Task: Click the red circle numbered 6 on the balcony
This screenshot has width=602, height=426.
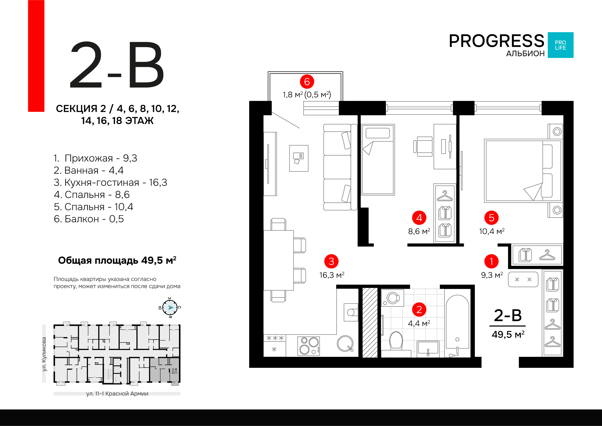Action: click(x=307, y=82)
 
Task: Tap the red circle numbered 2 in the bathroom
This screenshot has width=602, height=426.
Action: click(x=419, y=309)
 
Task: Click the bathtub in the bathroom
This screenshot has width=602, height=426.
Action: click(x=457, y=325)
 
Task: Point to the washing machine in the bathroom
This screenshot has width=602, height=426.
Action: click(x=392, y=298)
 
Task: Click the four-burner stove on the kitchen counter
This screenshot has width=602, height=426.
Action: click(x=309, y=346)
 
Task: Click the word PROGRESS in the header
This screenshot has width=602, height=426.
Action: click(x=496, y=41)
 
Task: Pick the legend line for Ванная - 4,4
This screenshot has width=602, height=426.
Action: click(x=88, y=170)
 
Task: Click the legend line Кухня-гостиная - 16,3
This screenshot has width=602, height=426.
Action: click(x=110, y=182)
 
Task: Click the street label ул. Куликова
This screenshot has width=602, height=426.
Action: click(x=44, y=354)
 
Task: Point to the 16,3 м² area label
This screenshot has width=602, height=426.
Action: click(x=331, y=275)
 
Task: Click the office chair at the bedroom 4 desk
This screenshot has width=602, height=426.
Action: click(x=424, y=146)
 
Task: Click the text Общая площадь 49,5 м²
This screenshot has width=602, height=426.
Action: click(x=117, y=261)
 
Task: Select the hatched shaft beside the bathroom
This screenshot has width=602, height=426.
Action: click(x=370, y=323)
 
